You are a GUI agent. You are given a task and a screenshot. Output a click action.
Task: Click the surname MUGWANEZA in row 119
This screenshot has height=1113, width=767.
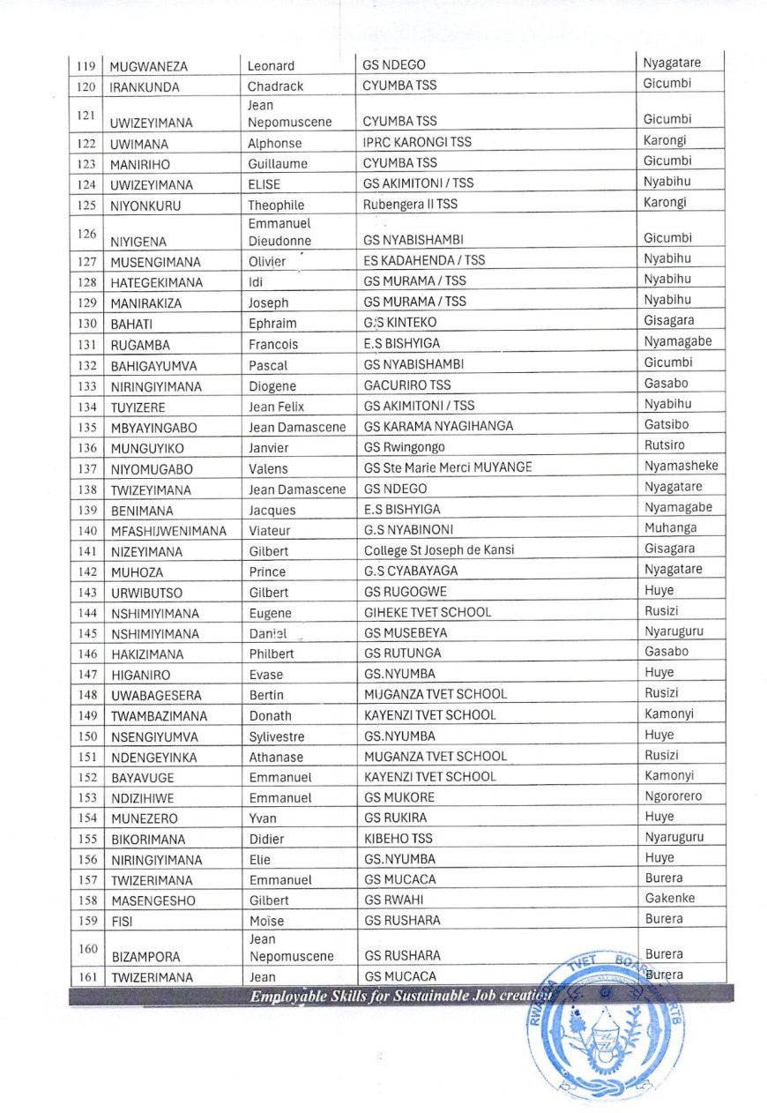point(148,66)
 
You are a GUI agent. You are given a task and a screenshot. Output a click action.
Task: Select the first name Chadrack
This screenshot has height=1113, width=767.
point(275,86)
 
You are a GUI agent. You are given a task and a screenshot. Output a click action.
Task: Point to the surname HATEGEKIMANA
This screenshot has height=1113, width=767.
point(156,283)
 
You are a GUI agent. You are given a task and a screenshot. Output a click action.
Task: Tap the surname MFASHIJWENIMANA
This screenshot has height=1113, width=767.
point(168,531)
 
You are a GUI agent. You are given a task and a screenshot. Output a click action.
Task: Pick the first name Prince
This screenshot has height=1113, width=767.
point(267,571)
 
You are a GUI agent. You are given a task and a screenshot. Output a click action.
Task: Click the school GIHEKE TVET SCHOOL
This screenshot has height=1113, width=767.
point(428,612)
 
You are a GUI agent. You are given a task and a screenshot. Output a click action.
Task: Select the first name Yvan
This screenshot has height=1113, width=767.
point(263,818)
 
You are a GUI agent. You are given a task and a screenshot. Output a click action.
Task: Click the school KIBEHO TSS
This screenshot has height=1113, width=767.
point(398,839)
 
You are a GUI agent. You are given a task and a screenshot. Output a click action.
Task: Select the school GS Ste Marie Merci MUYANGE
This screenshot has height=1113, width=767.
point(448,468)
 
